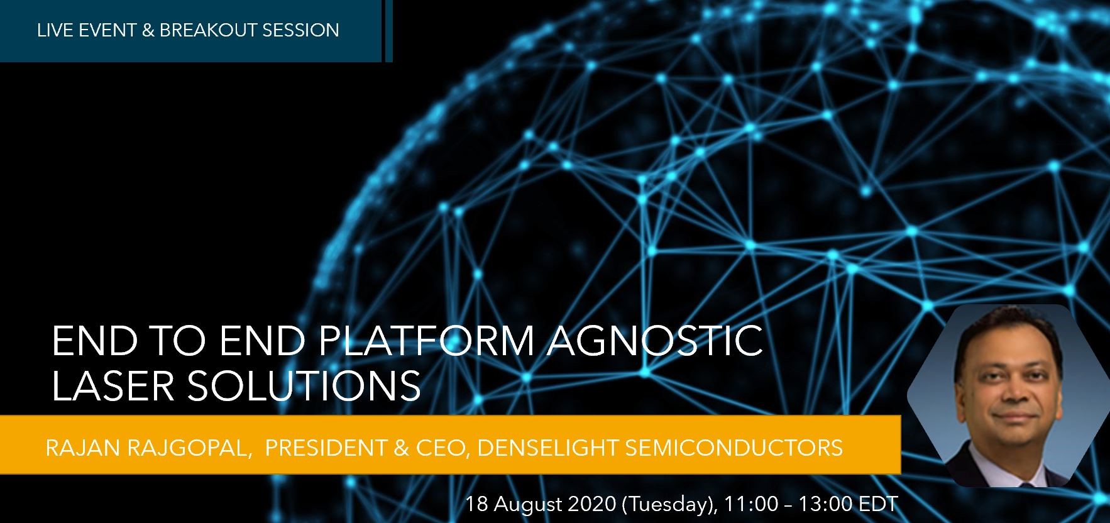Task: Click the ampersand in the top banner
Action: (x=148, y=30)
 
